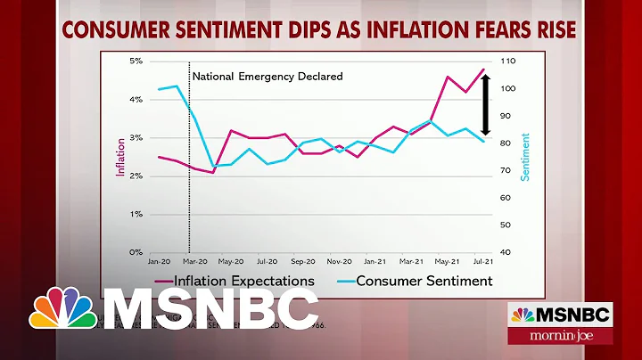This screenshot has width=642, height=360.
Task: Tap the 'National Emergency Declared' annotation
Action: coord(267,77)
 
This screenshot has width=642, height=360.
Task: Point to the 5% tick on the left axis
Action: coord(136,61)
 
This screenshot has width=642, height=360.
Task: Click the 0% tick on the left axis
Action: coord(136,253)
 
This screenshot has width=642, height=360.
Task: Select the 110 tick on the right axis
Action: coord(509,61)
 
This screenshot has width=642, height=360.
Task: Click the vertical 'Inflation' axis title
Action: coord(119,157)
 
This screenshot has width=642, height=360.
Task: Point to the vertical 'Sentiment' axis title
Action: coord(525,157)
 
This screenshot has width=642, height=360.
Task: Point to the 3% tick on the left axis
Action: coord(136,138)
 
